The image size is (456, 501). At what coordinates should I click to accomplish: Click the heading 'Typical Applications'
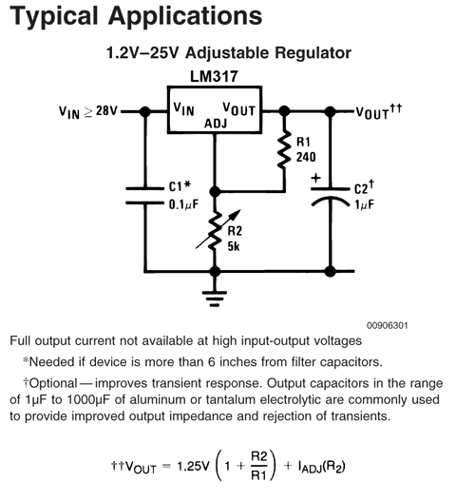click(133, 16)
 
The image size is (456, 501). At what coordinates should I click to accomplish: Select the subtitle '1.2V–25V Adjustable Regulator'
click(228, 55)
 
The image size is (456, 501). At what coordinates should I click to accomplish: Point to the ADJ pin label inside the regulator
click(216, 124)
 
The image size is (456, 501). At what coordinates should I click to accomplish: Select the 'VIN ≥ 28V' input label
click(88, 111)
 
